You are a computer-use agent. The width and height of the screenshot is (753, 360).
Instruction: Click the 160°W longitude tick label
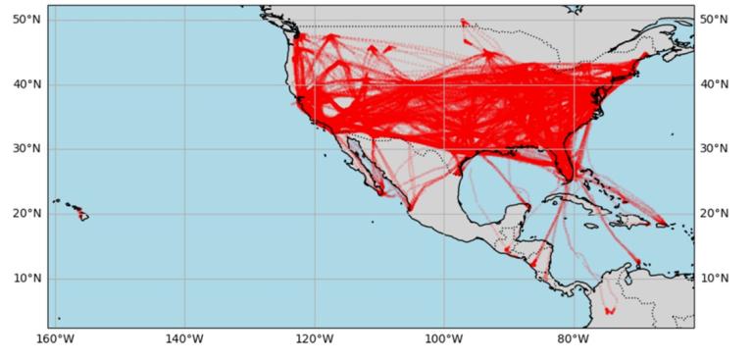click(55, 339)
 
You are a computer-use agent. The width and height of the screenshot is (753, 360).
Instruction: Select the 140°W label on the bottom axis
click(184, 339)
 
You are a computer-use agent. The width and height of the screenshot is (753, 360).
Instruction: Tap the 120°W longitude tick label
click(314, 339)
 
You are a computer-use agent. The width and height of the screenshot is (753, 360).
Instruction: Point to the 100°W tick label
click(443, 339)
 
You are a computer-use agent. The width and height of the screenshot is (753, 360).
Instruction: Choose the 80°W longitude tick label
click(573, 339)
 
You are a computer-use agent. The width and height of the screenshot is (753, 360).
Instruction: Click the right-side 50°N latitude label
click(716, 20)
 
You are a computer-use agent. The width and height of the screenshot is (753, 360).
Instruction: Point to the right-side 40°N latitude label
click(716, 84)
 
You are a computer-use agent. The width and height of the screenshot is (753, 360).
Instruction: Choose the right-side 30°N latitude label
click(716, 149)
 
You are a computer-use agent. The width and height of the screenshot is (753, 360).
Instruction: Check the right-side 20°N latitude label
click(716, 214)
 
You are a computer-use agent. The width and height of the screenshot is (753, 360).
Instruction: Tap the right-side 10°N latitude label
click(716, 279)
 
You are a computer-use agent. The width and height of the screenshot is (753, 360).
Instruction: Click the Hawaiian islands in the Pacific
click(78, 212)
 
